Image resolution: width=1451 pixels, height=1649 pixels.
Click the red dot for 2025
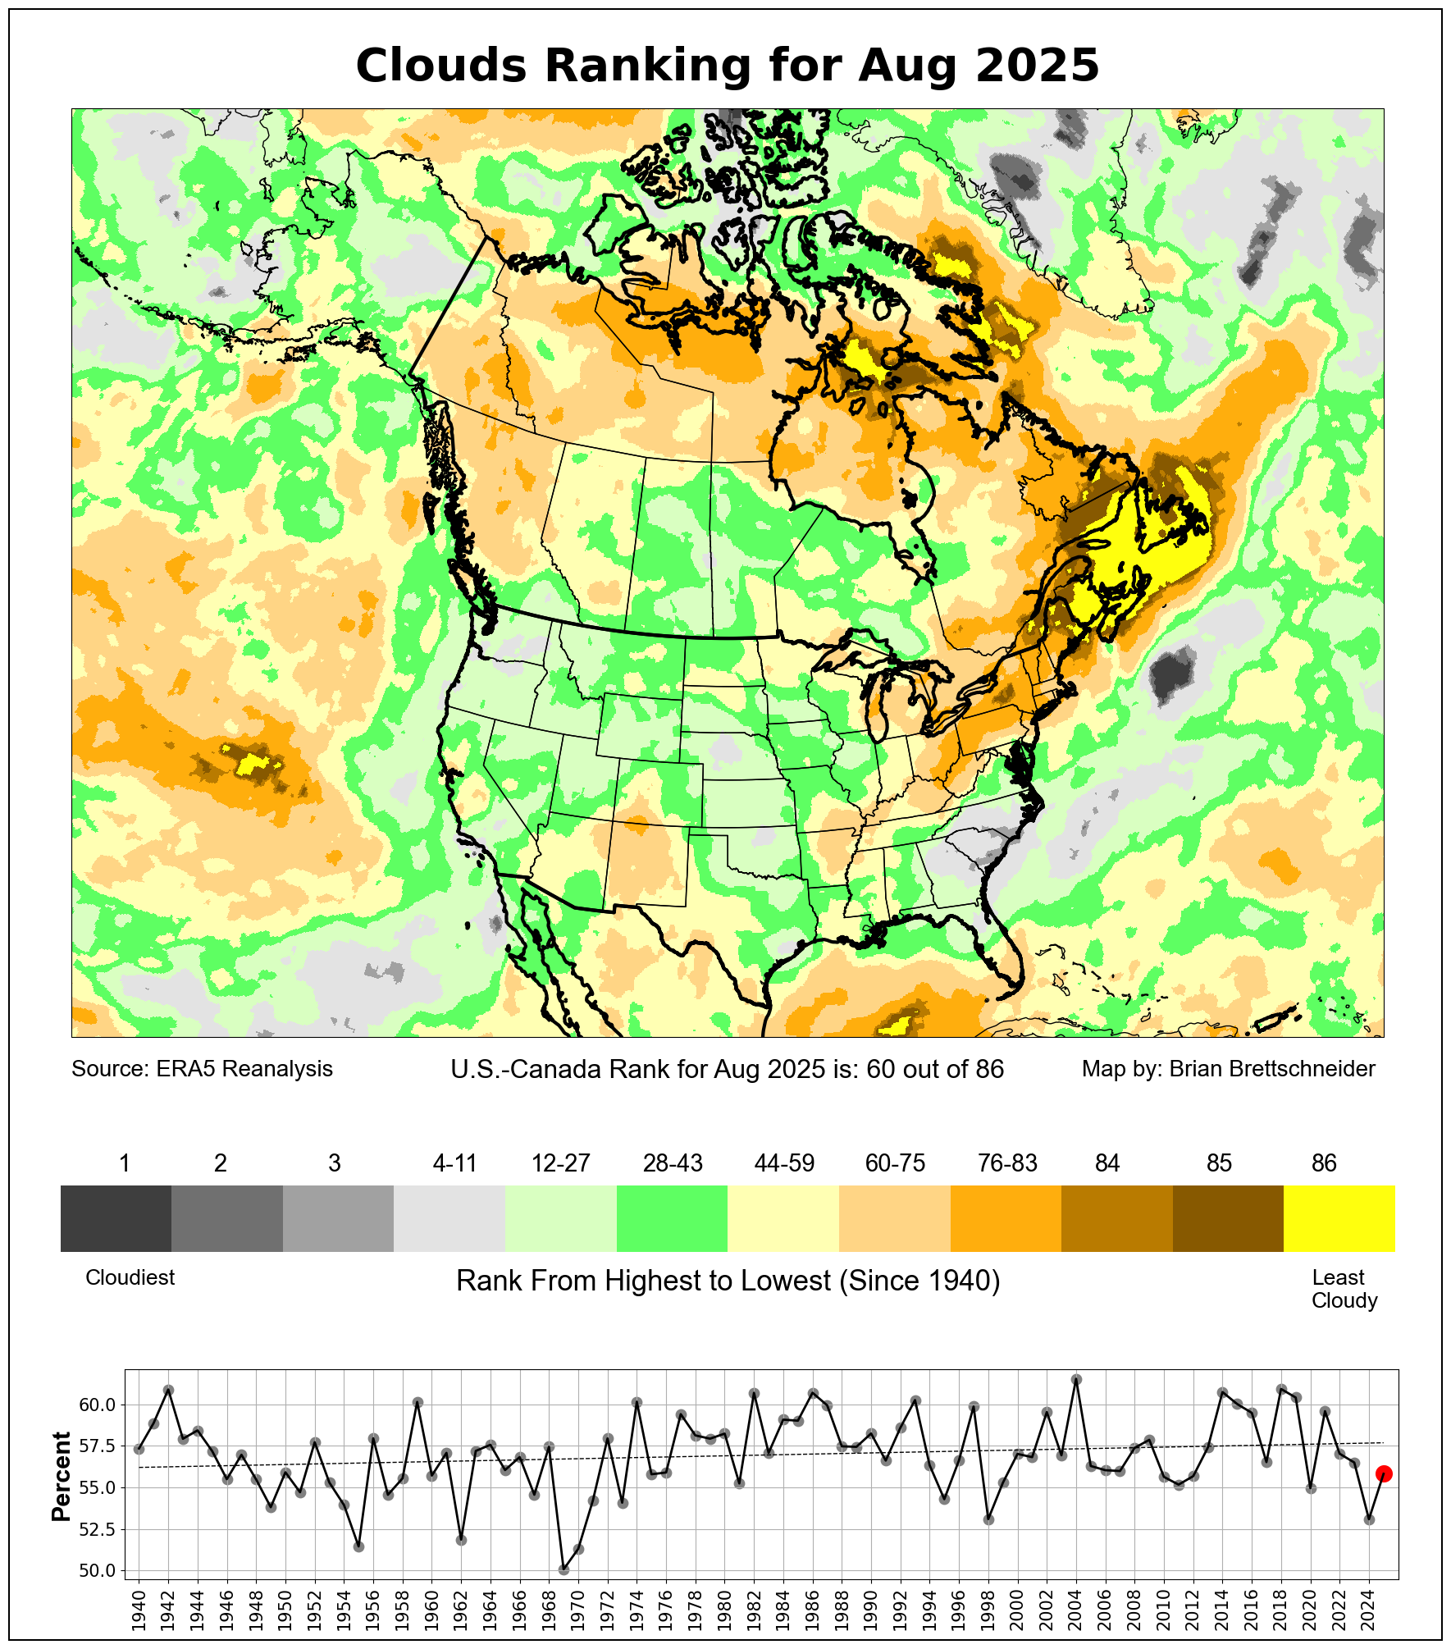click(x=1383, y=1473)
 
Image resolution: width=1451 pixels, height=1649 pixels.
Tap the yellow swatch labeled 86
click(x=1339, y=1218)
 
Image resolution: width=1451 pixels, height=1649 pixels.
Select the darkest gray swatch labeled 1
click(x=116, y=1218)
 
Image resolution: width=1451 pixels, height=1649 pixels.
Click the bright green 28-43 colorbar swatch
click(x=672, y=1218)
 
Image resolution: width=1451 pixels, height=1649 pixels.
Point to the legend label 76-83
click(x=1007, y=1163)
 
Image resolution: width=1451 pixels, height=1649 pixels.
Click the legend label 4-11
click(x=454, y=1163)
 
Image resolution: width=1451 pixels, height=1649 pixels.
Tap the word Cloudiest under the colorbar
click(x=130, y=1277)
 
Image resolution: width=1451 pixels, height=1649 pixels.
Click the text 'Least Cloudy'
click(x=1344, y=1289)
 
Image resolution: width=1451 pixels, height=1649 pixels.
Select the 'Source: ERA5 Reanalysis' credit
click(x=202, y=1069)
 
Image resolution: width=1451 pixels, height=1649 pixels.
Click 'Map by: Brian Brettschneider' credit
click(x=1228, y=1069)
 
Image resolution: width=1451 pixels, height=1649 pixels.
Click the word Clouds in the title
click(x=441, y=66)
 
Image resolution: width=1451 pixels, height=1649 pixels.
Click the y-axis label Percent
click(x=62, y=1477)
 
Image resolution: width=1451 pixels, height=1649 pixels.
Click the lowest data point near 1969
click(x=564, y=1569)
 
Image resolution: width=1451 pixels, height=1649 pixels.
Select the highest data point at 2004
click(x=1077, y=1380)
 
